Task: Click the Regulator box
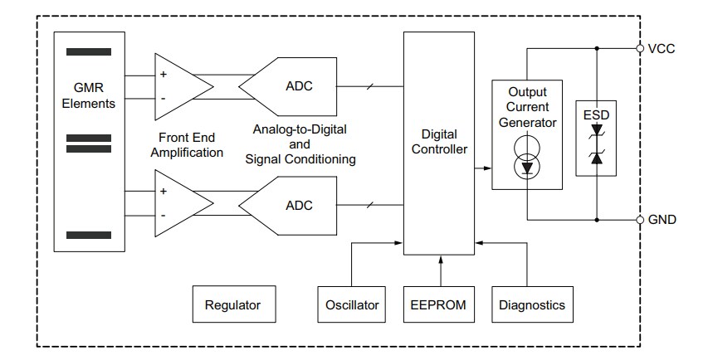pos(232,304)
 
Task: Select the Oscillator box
pos(350,304)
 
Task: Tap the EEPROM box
pos(438,304)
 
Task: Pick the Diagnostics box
pos(531,304)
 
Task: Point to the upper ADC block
pos(295,86)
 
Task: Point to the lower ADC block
pos(295,204)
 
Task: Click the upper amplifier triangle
pos(178,86)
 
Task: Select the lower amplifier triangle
pos(178,204)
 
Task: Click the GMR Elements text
pos(88,97)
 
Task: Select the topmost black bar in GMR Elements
pos(89,51)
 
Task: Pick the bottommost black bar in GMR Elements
pos(89,236)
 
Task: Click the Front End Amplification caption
pos(191,146)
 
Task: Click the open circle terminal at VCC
pos(640,49)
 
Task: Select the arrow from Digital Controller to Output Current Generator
pos(482,168)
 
